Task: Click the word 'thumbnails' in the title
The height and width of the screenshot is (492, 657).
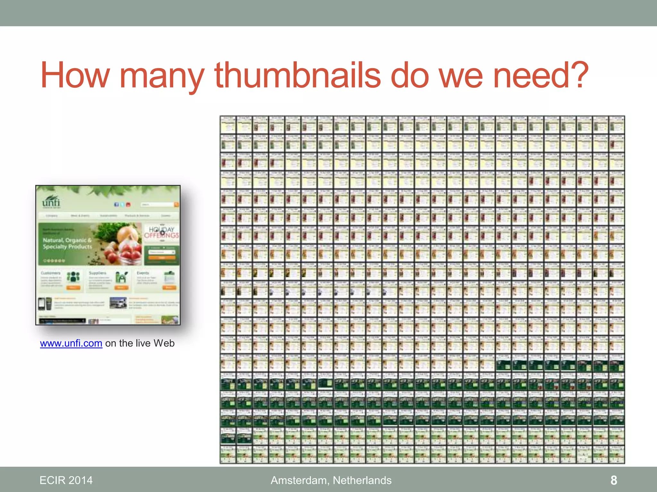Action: click(x=297, y=76)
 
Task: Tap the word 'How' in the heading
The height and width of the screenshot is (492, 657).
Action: click(x=75, y=76)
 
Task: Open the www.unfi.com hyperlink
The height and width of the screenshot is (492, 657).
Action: click(x=71, y=343)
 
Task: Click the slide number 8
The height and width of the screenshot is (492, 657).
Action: click(x=614, y=480)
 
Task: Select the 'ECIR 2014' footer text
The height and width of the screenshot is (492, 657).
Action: click(x=66, y=480)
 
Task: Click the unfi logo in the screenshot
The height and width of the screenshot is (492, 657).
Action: click(x=51, y=201)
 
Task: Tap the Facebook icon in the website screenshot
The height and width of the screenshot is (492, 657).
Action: click(x=116, y=204)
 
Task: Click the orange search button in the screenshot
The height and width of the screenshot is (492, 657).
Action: click(x=176, y=204)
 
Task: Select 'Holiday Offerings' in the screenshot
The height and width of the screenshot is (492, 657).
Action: click(x=161, y=233)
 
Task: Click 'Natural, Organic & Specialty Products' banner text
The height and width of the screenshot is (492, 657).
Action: click(x=67, y=243)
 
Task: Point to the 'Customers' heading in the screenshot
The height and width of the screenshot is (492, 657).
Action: click(x=51, y=273)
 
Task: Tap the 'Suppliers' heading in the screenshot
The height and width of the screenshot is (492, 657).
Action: click(x=98, y=273)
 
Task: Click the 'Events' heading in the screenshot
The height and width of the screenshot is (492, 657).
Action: click(x=143, y=273)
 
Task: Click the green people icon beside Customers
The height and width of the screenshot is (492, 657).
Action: click(x=73, y=277)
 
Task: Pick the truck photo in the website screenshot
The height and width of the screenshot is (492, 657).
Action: click(x=118, y=303)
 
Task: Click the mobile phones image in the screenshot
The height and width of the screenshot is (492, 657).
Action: click(x=45, y=303)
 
